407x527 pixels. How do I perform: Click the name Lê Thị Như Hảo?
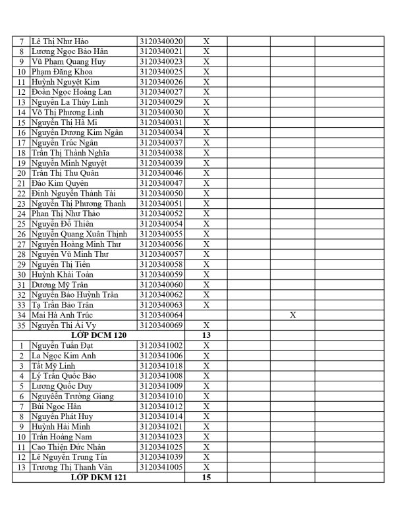tap(63, 42)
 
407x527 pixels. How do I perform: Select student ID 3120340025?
tap(161, 72)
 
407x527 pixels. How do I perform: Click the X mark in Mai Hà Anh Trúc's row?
tap(292, 316)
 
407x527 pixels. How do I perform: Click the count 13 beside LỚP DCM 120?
tap(206, 335)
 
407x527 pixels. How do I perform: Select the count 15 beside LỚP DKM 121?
tap(206, 478)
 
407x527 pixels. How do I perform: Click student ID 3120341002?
tap(161, 346)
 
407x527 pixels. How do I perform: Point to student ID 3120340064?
tap(161, 316)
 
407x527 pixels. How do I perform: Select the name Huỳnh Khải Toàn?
tap(63, 275)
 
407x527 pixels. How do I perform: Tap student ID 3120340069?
tap(161, 325)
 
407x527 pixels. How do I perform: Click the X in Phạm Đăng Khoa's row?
tap(206, 72)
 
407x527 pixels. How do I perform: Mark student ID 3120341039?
tap(161, 457)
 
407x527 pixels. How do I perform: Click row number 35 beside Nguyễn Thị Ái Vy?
tap(22, 325)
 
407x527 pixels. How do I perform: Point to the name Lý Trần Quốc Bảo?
tap(66, 376)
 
